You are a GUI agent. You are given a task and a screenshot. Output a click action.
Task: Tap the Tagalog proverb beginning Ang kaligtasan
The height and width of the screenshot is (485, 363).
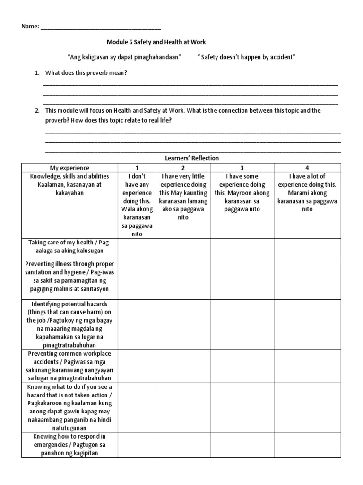coord(125,57)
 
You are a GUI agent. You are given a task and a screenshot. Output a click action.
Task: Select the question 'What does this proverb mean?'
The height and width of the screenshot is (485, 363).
coord(86,73)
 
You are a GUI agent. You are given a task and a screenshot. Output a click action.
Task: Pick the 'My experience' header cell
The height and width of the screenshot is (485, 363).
coord(69,168)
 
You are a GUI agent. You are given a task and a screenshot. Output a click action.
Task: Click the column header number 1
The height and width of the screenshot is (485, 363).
coord(137,168)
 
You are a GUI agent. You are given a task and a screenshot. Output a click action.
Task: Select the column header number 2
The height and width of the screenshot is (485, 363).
coord(183,168)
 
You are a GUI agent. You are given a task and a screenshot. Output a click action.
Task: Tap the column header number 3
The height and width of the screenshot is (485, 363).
coord(242,168)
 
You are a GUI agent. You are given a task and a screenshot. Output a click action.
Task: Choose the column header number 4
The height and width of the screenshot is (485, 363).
coord(307,168)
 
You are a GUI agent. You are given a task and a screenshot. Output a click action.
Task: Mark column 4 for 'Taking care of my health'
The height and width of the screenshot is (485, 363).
coord(307,249)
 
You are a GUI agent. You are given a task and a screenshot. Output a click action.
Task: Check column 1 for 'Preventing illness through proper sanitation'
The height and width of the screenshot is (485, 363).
coord(137,279)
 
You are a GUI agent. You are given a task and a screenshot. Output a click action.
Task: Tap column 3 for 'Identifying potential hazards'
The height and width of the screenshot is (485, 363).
coord(242,324)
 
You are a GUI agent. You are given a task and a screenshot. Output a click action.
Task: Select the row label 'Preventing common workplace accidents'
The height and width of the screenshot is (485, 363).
coord(69,366)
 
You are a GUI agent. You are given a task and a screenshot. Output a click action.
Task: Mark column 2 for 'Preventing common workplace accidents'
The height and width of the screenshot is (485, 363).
coord(183,366)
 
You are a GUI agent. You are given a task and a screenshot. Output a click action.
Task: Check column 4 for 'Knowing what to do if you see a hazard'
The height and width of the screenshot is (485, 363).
coord(307,407)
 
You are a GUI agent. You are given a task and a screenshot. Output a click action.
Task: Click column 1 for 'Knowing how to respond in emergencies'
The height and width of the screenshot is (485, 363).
coord(137,445)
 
